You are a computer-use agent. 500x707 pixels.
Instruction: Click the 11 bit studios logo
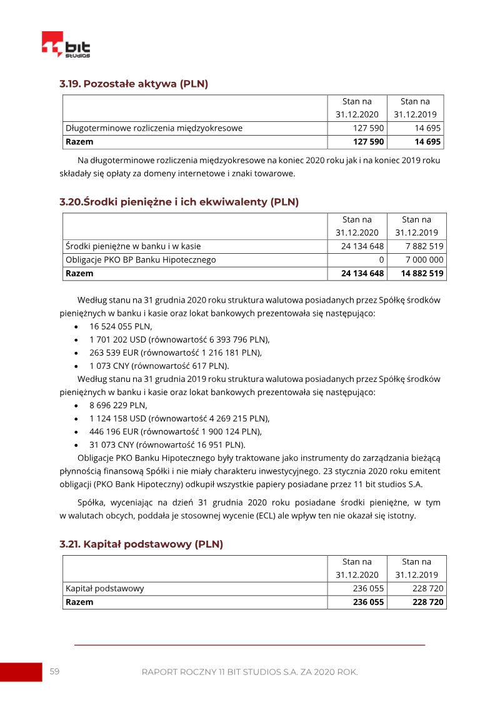66,45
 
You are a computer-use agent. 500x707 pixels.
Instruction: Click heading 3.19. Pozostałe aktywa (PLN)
134,84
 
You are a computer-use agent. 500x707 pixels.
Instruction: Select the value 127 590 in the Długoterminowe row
368,128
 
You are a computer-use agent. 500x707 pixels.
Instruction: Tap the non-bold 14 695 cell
427,128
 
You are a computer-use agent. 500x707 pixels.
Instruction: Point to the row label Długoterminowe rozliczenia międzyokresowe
154,128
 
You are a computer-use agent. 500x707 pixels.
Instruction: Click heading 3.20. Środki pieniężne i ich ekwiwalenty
179,202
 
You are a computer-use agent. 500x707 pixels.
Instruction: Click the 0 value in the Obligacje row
381,259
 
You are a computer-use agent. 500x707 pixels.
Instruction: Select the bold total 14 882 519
422,273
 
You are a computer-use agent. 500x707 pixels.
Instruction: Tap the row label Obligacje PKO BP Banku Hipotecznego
141,259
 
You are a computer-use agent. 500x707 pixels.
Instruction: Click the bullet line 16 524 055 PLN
121,326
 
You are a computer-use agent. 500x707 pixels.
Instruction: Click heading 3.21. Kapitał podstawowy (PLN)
141,544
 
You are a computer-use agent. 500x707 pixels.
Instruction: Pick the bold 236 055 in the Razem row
368,602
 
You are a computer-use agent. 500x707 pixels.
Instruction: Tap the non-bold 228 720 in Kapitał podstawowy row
427,588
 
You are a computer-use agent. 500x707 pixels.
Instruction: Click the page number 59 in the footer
54,671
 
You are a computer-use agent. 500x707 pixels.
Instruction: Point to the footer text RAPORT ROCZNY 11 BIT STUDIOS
249,672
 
